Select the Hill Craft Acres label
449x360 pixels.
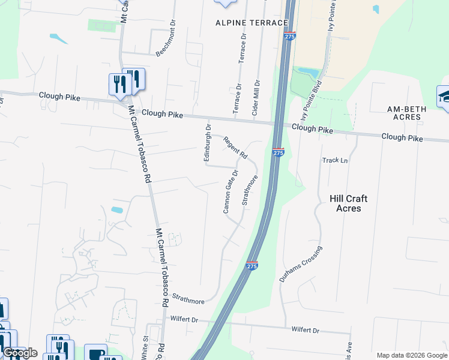(349, 203)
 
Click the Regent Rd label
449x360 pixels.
(235, 148)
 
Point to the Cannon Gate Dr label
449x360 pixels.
(231, 191)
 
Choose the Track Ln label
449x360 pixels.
(336, 160)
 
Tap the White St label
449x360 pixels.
(145, 349)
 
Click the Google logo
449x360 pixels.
(19, 353)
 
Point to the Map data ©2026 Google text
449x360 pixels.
(412, 355)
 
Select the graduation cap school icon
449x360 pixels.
(445, 97)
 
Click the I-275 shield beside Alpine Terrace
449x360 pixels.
(289, 36)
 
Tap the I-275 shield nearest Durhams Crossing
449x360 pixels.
(252, 265)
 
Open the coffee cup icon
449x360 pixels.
(95, 353)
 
